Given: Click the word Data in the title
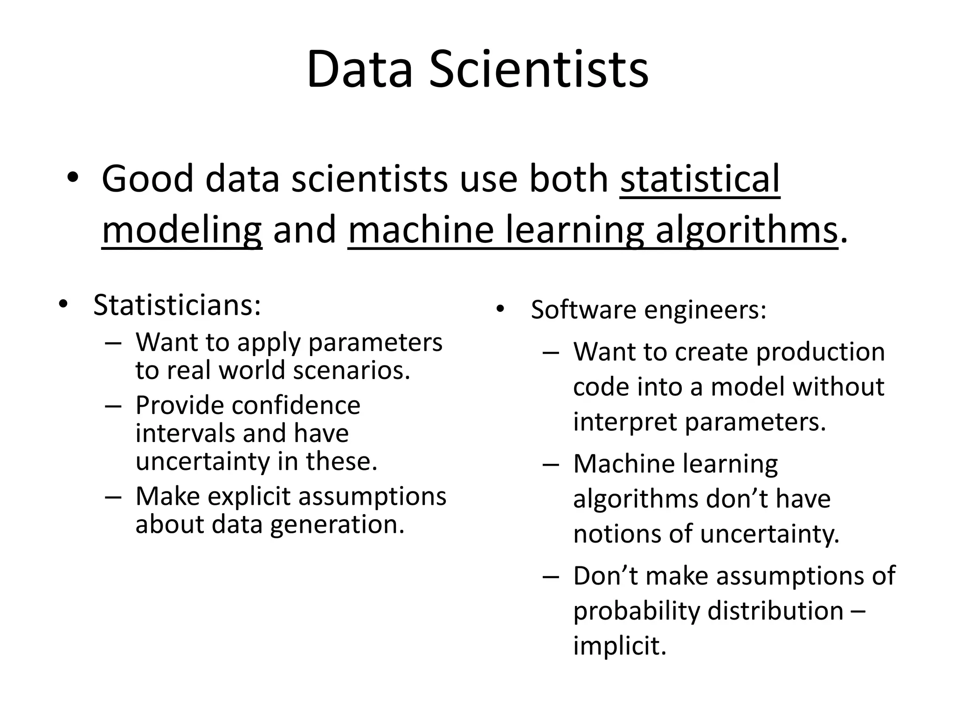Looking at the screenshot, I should pyautogui.click(x=360, y=70).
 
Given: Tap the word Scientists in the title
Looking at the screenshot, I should pyautogui.click(x=539, y=70).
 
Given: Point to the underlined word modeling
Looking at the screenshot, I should pyautogui.click(x=182, y=231).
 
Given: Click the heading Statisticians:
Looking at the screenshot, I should pyautogui.click(x=177, y=305).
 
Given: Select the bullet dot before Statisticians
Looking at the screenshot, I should pyautogui.click(x=63, y=305).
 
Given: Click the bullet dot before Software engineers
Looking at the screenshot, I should pyautogui.click(x=501, y=310).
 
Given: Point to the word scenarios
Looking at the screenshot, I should pyautogui.click(x=352, y=371).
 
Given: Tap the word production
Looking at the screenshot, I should pyautogui.click(x=820, y=352).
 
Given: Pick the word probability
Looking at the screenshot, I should pyautogui.click(x=637, y=611).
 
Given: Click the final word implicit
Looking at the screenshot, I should pyautogui.click(x=620, y=646).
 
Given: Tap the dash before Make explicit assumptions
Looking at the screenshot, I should pyautogui.click(x=113, y=496).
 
